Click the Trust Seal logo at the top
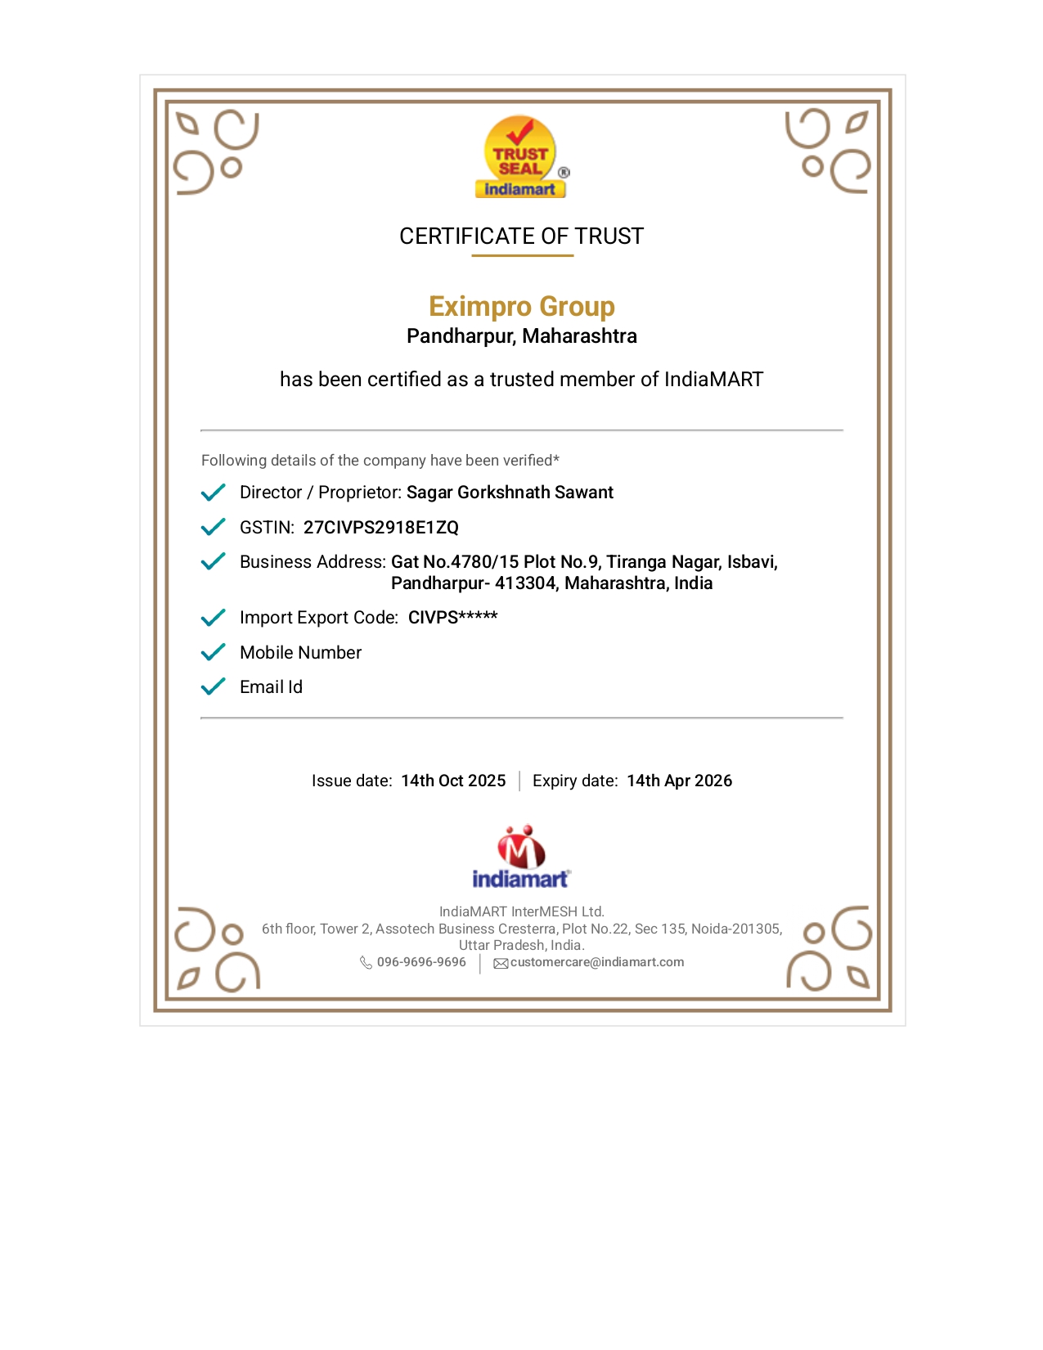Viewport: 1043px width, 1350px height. [x=521, y=157]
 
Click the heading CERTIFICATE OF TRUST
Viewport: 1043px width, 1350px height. [x=521, y=236]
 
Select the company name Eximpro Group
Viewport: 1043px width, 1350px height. [x=521, y=306]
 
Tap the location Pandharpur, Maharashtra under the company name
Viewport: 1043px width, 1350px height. [x=521, y=336]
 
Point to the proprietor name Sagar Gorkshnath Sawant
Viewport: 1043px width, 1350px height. [x=510, y=493]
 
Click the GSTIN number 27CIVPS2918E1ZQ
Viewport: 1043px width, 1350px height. [x=381, y=528]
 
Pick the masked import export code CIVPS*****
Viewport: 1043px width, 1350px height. [x=452, y=618]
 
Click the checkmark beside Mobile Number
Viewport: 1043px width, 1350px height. [x=213, y=652]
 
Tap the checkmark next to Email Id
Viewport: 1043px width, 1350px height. [x=213, y=686]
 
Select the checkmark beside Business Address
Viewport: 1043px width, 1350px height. [x=213, y=561]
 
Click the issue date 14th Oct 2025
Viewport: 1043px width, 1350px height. [x=453, y=781]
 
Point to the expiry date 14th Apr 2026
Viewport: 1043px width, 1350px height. [x=679, y=781]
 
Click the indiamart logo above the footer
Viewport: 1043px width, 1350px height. [x=521, y=857]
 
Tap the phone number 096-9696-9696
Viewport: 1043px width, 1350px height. [x=421, y=962]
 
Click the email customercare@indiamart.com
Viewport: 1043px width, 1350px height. [x=597, y=962]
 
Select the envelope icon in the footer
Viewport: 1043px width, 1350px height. [x=501, y=964]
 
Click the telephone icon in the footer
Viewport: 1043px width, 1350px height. [x=366, y=963]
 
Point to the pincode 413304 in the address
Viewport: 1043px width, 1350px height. [x=525, y=583]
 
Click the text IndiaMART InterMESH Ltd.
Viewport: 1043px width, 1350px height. [x=521, y=911]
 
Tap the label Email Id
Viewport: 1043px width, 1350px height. [x=271, y=687]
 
